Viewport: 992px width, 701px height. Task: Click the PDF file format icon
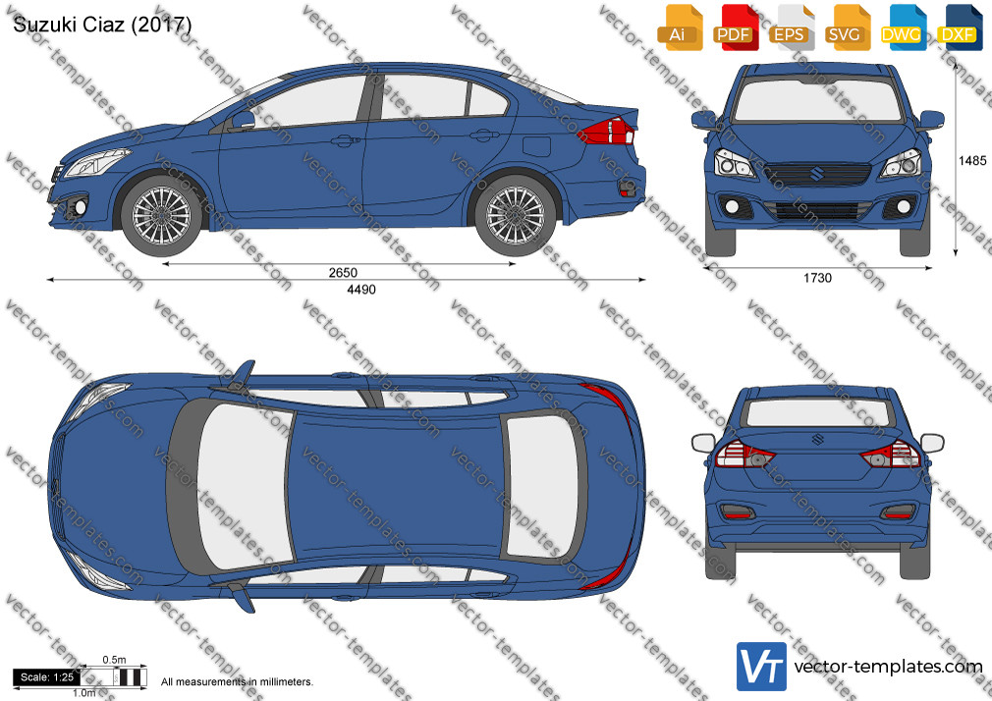coord(736,27)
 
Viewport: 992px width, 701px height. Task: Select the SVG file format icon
coord(847,27)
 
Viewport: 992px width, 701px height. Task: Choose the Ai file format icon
coord(680,27)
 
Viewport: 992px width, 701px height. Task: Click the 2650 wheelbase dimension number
coord(343,273)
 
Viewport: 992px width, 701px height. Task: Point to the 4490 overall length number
coord(361,290)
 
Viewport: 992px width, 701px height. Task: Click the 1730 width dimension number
coord(817,278)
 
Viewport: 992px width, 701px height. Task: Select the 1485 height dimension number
coord(972,161)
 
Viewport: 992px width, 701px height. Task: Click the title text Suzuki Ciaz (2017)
coord(102,24)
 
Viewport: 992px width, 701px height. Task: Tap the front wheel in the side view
coord(161,216)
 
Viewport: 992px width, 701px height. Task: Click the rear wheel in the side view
coord(515,215)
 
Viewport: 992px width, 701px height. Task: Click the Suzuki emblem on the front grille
coord(817,173)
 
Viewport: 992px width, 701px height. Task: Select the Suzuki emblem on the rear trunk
coord(817,439)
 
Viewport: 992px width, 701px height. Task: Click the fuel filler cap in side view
coord(536,145)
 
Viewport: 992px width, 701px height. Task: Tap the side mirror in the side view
coord(244,120)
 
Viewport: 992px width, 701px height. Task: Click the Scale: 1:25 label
coord(47,677)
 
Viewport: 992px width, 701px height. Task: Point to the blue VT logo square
coord(762,667)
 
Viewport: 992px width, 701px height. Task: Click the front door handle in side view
coord(345,139)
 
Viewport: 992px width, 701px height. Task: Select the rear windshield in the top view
coord(544,487)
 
